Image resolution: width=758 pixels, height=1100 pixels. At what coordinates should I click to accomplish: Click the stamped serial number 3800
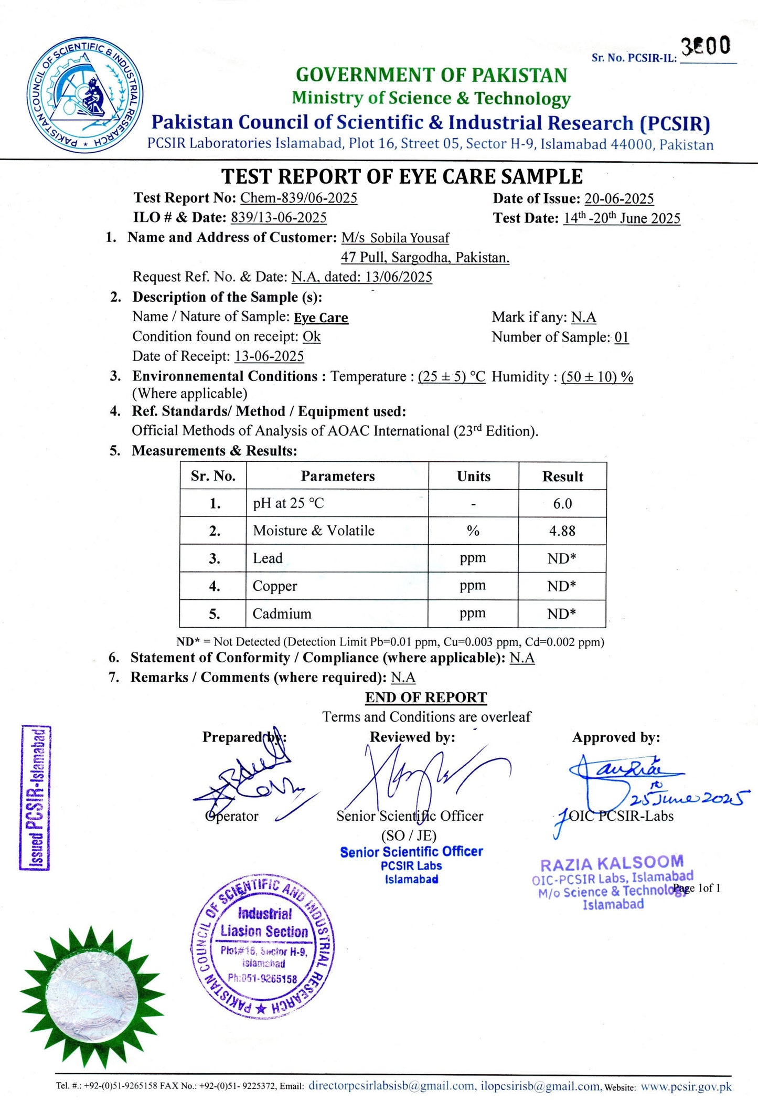tap(706, 46)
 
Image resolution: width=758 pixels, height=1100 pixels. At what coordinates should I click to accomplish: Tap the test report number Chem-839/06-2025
tap(298, 198)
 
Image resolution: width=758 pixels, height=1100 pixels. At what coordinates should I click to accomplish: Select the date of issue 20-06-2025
tap(619, 198)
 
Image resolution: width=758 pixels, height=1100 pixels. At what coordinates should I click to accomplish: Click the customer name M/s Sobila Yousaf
tap(395, 238)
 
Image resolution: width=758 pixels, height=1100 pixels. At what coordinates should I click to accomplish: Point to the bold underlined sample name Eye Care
tap(321, 318)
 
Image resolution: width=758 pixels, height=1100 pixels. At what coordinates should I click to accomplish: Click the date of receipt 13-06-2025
tap(269, 356)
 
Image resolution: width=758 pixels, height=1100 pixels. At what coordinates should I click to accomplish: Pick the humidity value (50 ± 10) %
tap(597, 377)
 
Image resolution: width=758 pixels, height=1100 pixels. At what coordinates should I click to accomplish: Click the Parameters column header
tap(337, 476)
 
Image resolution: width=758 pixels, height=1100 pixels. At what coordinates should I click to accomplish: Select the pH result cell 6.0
tap(562, 503)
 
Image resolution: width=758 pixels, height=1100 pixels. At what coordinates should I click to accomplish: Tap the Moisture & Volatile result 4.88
tap(562, 531)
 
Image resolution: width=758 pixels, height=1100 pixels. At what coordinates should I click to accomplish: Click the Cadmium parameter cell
tap(282, 614)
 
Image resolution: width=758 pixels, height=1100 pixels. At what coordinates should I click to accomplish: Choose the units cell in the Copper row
tap(473, 586)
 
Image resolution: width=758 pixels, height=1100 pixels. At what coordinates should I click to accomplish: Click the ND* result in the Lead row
tap(562, 558)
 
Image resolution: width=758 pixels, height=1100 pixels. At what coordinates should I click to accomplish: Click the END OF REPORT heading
tap(426, 697)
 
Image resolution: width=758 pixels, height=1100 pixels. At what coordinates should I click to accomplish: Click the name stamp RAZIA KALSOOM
tap(612, 863)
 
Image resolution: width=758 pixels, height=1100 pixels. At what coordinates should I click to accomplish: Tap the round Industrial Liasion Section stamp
tap(263, 947)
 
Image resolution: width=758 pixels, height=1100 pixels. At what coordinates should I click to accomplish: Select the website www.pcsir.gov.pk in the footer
tap(686, 1086)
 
